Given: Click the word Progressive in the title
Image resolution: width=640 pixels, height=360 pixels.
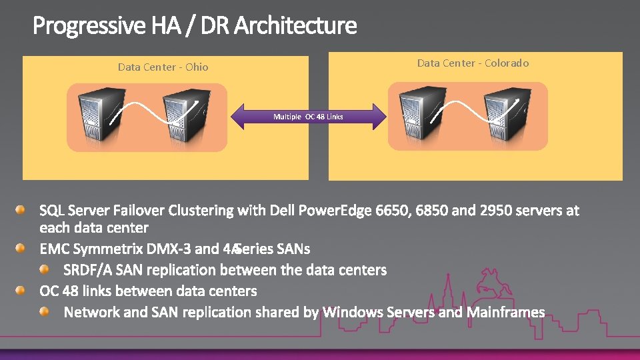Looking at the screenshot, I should pos(88,26).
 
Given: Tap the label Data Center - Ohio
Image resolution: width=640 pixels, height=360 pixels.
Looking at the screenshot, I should pos(163,67).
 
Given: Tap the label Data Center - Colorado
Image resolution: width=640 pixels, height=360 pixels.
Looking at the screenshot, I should pos(473,63).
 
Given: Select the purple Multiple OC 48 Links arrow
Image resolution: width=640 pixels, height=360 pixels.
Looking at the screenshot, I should pos(308,117).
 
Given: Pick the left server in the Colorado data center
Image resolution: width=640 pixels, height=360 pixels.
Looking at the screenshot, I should pos(419,115).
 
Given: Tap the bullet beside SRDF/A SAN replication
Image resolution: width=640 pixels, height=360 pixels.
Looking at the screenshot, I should pos(45,269).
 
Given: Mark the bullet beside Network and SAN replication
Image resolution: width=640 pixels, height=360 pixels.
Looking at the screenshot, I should pos(45,311).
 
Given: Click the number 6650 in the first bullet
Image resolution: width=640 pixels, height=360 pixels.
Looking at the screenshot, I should pos(393,211).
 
